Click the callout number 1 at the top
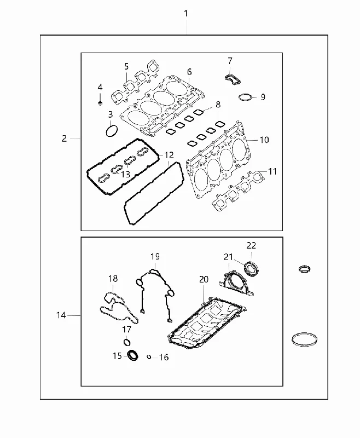[186, 13]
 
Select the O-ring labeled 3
[112, 131]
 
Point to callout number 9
[263, 97]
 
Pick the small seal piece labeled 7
[233, 79]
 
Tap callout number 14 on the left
[61, 315]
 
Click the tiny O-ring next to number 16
[149, 357]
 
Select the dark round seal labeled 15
[133, 355]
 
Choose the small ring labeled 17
[127, 342]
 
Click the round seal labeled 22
[252, 268]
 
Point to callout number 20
[204, 279]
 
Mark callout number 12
[169, 155]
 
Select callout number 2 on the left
[64, 139]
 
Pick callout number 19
[155, 256]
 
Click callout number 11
[272, 171]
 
